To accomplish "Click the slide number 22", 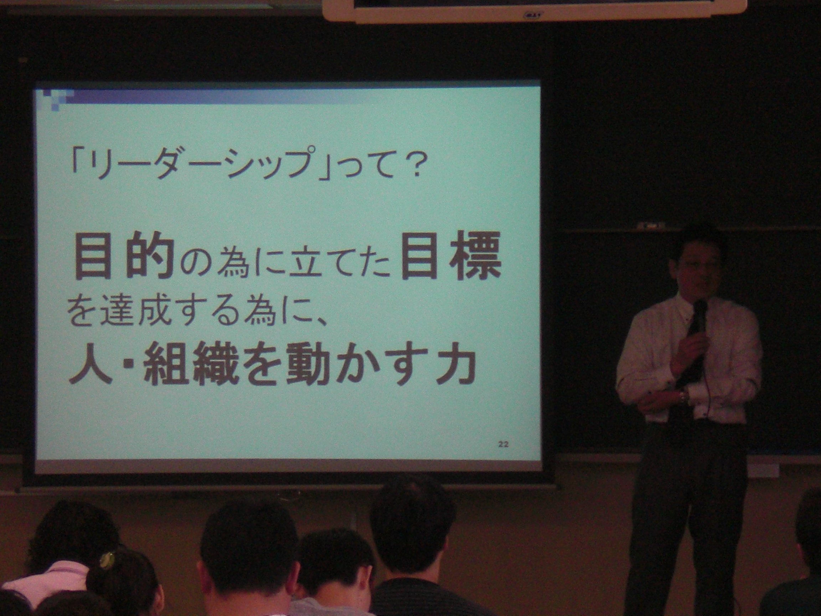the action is click(x=503, y=445).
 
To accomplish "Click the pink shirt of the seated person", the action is click(x=45, y=583).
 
